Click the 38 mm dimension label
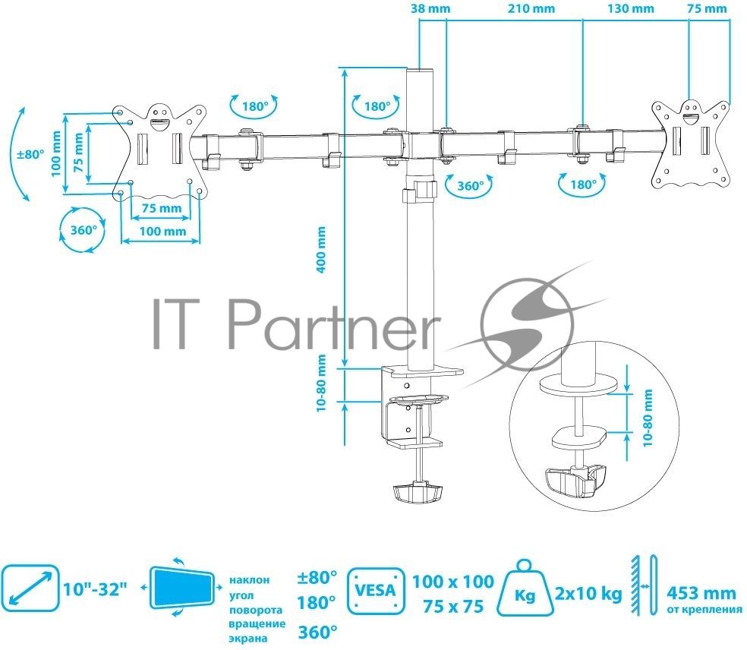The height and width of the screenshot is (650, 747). pos(430,8)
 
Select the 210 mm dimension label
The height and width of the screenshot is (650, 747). pos(531,8)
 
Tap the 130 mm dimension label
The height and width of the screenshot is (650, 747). pos(631,8)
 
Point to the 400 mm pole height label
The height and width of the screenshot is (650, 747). pos(322,250)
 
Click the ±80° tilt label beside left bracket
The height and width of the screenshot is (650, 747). pos(30,154)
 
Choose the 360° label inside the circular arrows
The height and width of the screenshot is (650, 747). pos(84,230)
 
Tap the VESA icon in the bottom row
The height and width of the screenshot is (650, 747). pos(376,591)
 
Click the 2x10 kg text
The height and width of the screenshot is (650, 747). pos(588,594)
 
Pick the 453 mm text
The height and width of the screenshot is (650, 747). pos(701,593)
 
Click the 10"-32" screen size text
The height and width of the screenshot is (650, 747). pos(96,589)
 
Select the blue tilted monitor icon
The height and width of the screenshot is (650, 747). pos(182,587)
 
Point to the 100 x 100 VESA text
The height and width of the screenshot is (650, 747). pos(453,582)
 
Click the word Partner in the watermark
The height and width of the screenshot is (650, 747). pos(332,324)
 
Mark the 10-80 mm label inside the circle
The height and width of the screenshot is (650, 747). pos(648,418)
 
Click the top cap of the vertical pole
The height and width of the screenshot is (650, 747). pos(420,70)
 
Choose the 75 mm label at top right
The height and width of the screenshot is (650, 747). pos(708,8)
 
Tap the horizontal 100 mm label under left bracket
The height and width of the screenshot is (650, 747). pos(162,231)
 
